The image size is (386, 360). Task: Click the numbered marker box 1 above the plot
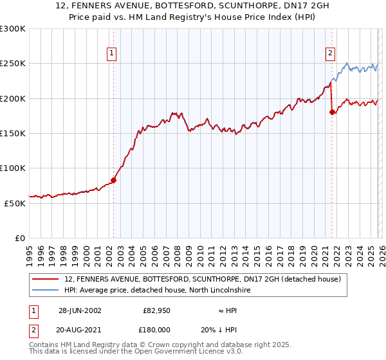pos(112,53)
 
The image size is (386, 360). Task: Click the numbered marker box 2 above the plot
pos(330,53)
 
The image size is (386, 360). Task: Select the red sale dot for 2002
pos(114,180)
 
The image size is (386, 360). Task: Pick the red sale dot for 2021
pos(332,113)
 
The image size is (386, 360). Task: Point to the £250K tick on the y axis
pos(14,64)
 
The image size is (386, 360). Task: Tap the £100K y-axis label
pos(14,168)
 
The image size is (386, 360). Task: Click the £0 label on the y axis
pos(19,238)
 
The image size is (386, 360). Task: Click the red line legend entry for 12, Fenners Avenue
pos(206,279)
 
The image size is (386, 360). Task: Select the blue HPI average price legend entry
pos(157,291)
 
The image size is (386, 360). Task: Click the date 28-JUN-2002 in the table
pos(80,310)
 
